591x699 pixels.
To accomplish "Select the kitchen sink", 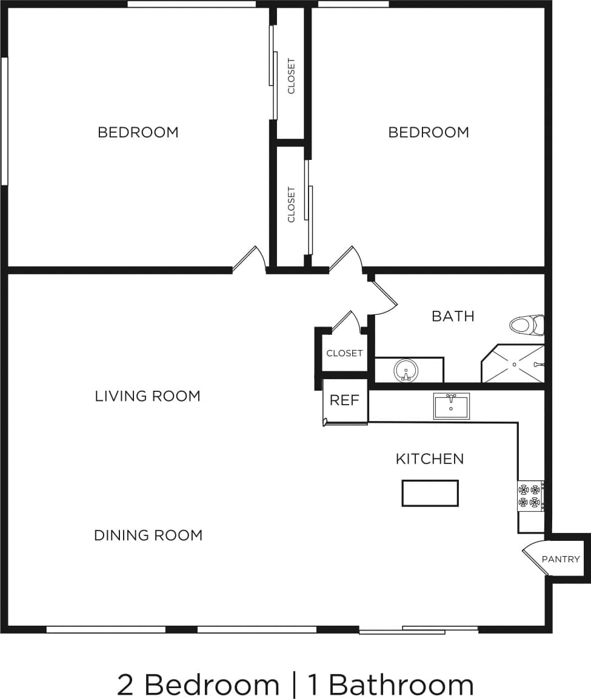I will pos(451,405).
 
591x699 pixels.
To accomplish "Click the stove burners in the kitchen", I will pos(529,495).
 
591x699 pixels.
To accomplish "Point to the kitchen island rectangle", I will pos(430,492).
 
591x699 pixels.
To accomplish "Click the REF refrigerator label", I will pos(344,400).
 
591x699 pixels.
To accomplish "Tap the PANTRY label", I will pos(561,559).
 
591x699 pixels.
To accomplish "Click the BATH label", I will pos(453,316).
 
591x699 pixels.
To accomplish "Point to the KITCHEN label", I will pos(430,459).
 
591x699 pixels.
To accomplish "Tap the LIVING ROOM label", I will pos(147,396).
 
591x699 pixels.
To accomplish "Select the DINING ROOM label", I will pos(148,535).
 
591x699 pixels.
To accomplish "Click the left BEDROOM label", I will pos(138,132).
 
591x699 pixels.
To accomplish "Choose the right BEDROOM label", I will pos(429,132).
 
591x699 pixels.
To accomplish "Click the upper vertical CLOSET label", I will pos(292,76).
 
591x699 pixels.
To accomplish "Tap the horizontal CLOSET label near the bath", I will pos(344,353).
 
